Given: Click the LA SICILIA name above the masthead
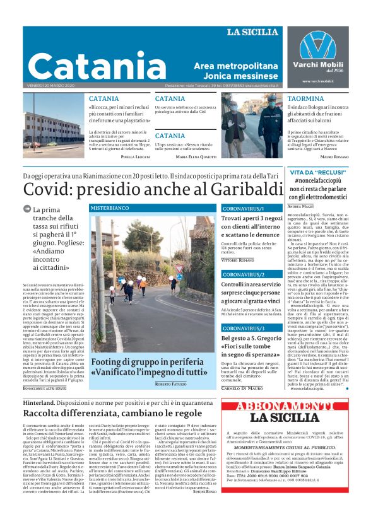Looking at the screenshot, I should pyautogui.click(x=252, y=32).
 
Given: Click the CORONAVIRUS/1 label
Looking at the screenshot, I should pyautogui.click(x=244, y=207).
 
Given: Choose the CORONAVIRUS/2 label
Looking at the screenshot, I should pyautogui.click(x=244, y=274).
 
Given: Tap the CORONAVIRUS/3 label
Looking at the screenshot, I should pyautogui.click(x=244, y=329).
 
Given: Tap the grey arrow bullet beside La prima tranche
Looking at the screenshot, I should pyautogui.click(x=27, y=209).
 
